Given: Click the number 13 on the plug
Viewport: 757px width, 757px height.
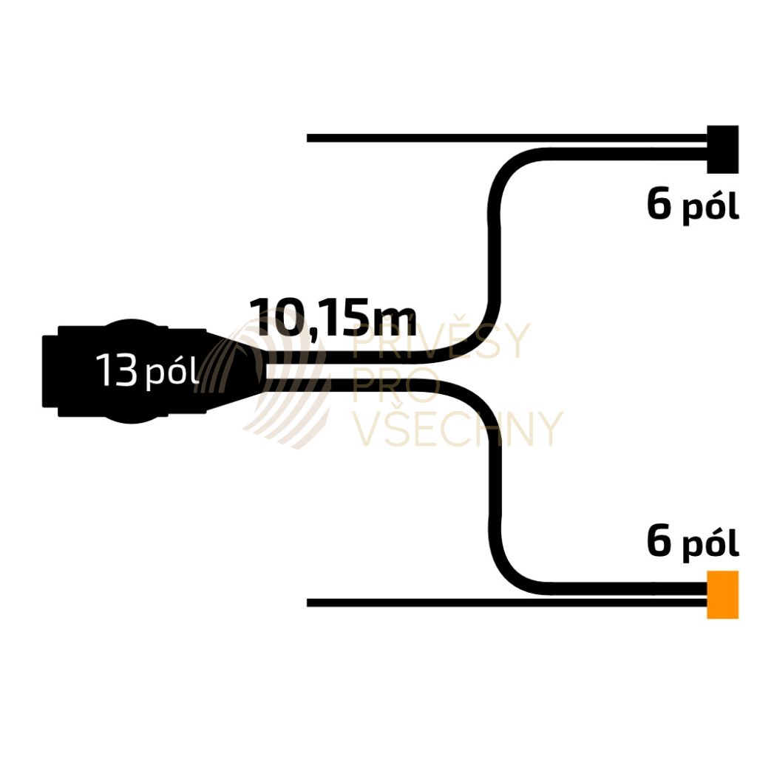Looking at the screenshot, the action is tap(117, 370).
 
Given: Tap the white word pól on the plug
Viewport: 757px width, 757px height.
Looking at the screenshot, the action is tap(172, 373).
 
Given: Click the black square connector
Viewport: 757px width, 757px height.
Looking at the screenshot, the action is tap(722, 148).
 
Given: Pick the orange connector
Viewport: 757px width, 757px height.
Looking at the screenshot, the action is tap(722, 594).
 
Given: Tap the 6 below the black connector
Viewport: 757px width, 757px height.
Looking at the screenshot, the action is tap(659, 205).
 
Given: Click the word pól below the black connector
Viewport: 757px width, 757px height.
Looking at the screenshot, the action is tap(710, 208).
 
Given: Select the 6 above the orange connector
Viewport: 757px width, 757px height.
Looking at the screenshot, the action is tap(659, 542).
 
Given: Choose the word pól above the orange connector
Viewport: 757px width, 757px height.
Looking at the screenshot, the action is tap(710, 546).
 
